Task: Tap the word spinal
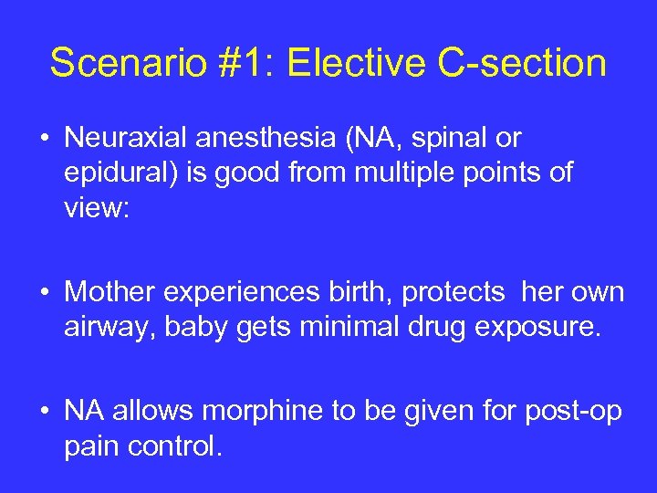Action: (x=448, y=139)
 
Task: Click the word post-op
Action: (x=573, y=411)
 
